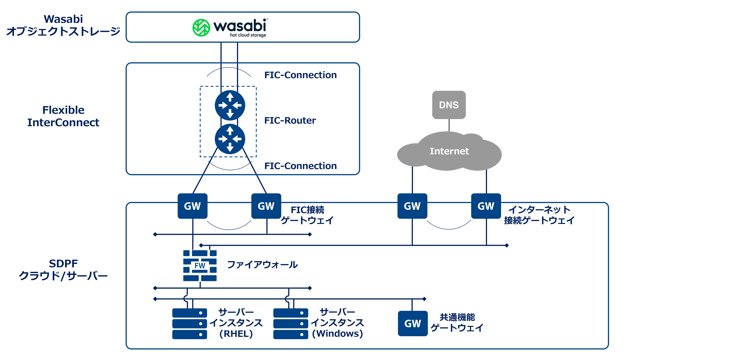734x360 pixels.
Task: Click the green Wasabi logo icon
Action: [201, 28]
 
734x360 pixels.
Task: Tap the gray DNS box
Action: [449, 105]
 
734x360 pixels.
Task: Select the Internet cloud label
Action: [449, 151]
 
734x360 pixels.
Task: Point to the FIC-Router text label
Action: [290, 120]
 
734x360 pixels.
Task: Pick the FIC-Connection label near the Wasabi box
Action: [300, 75]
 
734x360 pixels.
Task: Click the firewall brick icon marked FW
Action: [200, 266]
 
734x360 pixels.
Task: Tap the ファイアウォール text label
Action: [262, 265]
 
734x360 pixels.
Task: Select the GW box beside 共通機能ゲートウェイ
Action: [413, 323]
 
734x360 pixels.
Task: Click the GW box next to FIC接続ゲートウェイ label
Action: [266, 206]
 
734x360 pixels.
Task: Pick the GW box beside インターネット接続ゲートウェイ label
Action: [486, 206]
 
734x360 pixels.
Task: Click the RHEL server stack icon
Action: [189, 323]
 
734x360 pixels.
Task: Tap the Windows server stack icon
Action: [291, 323]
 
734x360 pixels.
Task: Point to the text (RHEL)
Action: [236, 334]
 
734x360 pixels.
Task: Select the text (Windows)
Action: [337, 334]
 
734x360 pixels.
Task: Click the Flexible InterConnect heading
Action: [63, 116]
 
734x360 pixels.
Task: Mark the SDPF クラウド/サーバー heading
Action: [63, 270]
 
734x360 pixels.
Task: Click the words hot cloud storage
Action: [248, 35]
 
